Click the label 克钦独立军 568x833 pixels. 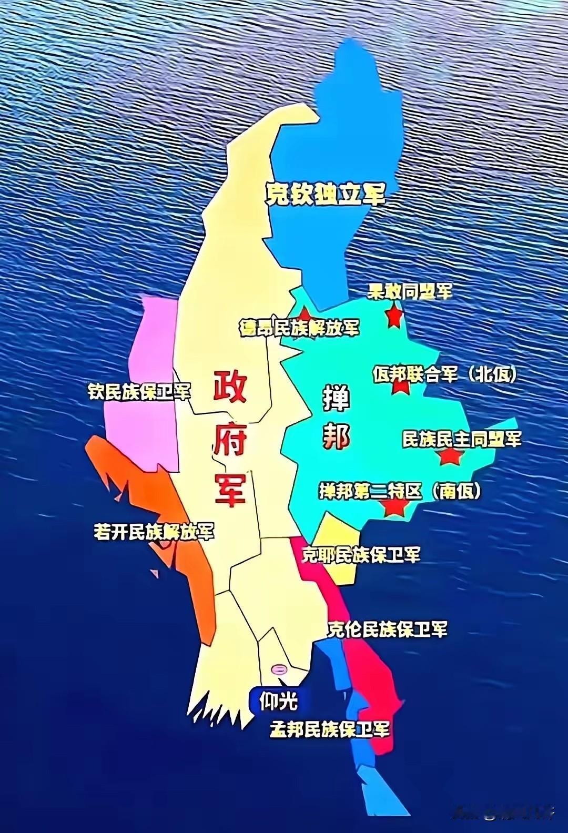[x=324, y=195]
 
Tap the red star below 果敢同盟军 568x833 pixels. [x=393, y=317]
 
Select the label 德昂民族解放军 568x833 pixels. [x=299, y=327]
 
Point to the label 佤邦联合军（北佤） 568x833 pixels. [x=444, y=374]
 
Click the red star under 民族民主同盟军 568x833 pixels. [x=449, y=456]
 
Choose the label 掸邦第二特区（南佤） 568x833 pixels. [x=400, y=491]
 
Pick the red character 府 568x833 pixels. [x=229, y=440]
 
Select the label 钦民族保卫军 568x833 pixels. [x=139, y=392]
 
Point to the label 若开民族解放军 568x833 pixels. [x=154, y=532]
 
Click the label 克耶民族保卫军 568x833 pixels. [x=361, y=554]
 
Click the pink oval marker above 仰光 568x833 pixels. [x=279, y=669]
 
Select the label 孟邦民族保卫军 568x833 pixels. [x=330, y=729]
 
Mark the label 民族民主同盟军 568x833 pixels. [x=461, y=439]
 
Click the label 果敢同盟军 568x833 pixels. [x=410, y=292]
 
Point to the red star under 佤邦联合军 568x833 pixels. [x=401, y=387]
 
